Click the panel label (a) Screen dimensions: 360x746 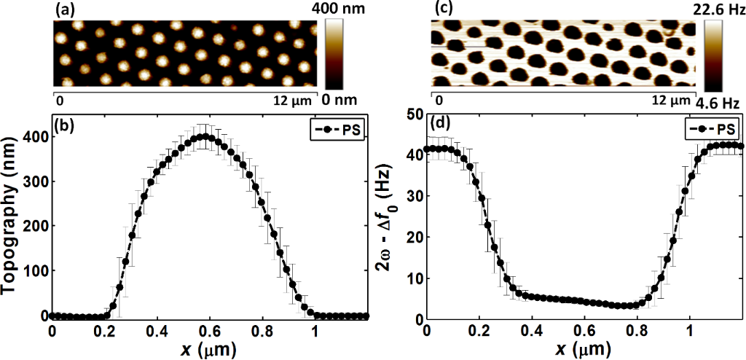pyautogui.click(x=63, y=10)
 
